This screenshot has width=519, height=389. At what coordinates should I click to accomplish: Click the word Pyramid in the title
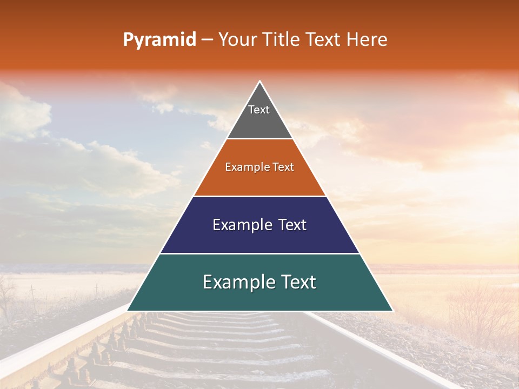point(159,40)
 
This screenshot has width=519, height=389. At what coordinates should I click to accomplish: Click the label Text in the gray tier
point(259,110)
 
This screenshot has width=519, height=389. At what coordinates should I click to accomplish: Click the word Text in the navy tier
point(291,225)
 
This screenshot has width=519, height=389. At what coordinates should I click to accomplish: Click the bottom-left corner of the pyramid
point(129,310)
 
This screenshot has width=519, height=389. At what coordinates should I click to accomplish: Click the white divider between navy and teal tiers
point(259,253)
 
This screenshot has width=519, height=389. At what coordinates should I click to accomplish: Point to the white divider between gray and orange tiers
point(259,139)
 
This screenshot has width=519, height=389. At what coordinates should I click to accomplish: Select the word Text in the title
point(325,40)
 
